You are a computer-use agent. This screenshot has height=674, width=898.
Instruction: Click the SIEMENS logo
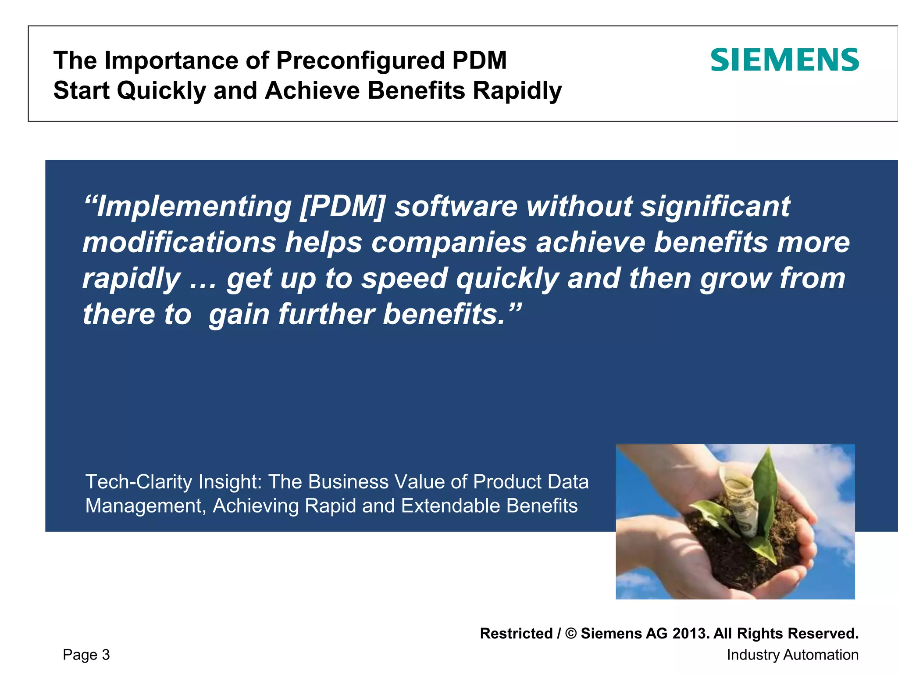784,60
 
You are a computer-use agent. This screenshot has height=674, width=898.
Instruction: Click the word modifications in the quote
179,242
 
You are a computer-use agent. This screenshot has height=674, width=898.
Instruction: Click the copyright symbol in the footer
571,634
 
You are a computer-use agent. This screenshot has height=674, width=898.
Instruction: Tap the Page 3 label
86,655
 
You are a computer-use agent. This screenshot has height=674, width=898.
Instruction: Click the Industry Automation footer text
792,655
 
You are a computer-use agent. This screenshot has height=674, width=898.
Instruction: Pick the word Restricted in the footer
516,634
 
